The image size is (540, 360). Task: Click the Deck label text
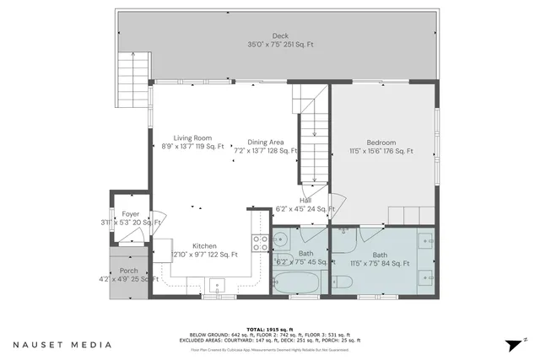click(x=279, y=35)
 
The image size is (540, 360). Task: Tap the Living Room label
click(x=192, y=137)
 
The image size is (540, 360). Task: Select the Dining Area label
click(x=265, y=142)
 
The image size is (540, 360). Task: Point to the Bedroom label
click(x=381, y=142)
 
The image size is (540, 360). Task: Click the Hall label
click(x=305, y=200)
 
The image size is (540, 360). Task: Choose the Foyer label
click(x=130, y=214)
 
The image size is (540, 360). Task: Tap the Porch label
click(x=128, y=271)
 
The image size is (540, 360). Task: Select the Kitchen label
click(x=204, y=244)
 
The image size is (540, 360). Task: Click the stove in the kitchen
click(x=261, y=243)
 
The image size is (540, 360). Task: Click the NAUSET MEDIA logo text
click(x=62, y=345)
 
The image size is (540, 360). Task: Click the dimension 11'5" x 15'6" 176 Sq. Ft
click(x=382, y=152)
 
